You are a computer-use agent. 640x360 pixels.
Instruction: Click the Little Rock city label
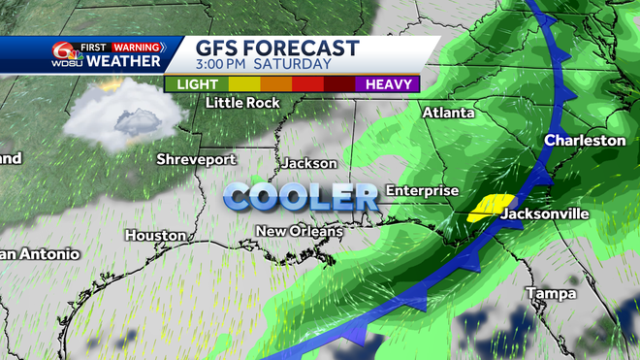(x=243, y=102)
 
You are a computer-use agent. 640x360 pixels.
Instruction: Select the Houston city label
(x=155, y=235)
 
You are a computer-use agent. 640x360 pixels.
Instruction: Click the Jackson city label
(x=308, y=163)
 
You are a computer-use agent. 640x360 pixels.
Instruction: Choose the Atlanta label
(x=448, y=113)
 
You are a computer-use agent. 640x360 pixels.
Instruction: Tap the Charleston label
(x=585, y=141)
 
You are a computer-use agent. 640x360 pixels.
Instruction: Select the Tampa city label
(x=551, y=293)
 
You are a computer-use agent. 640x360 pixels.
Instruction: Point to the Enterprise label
(x=422, y=190)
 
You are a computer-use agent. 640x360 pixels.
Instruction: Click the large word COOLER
(x=301, y=197)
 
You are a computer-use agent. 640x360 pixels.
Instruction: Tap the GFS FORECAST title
(x=277, y=48)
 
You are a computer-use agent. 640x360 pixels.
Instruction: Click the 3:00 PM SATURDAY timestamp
(x=265, y=64)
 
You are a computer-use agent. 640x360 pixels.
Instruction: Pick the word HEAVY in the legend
(x=390, y=83)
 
